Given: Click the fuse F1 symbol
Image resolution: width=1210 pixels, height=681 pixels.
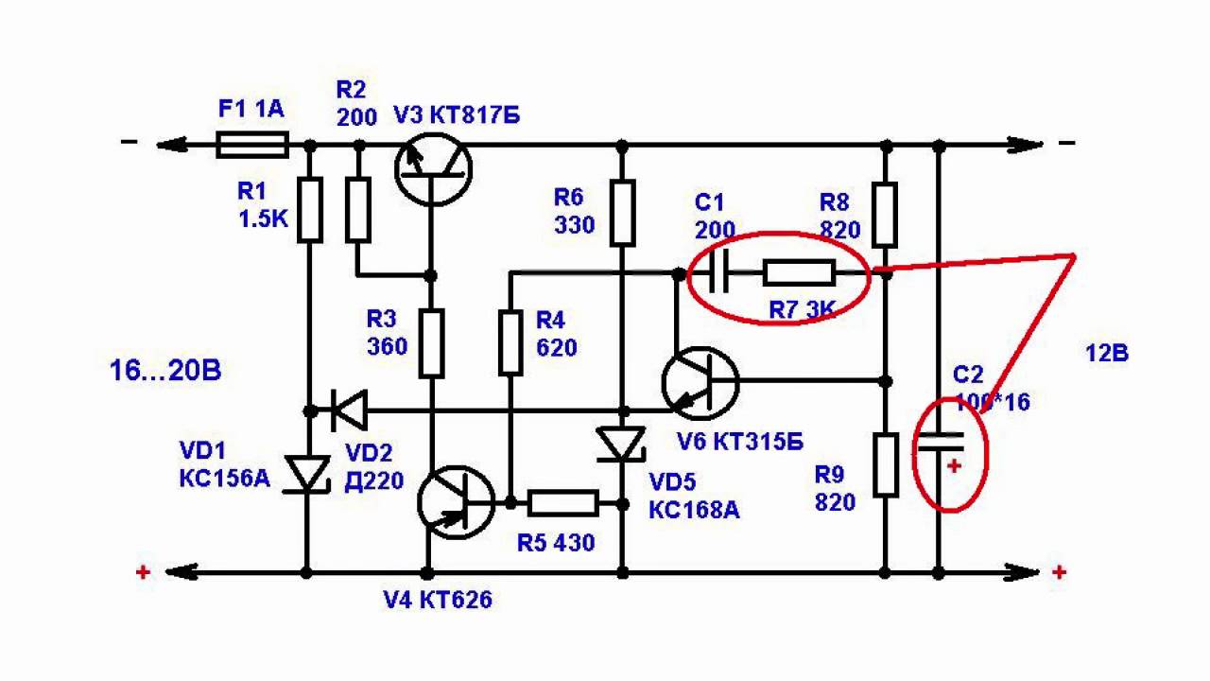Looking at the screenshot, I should pyautogui.click(x=252, y=145).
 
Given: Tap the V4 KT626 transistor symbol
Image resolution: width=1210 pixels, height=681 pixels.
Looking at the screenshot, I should pyautogui.click(x=456, y=504).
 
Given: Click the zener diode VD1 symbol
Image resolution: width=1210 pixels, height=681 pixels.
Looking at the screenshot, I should pyautogui.click(x=308, y=473).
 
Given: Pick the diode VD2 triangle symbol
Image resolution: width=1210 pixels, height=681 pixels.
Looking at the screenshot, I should pyautogui.click(x=350, y=410).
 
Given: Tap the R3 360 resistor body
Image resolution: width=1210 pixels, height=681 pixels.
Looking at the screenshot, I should pyautogui.click(x=432, y=342).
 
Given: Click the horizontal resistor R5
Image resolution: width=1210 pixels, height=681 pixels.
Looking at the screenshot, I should pyautogui.click(x=563, y=503).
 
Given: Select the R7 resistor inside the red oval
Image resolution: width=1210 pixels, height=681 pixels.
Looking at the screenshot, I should pyautogui.click(x=799, y=274).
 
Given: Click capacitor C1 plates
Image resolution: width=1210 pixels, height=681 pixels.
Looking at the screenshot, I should pyautogui.click(x=720, y=274).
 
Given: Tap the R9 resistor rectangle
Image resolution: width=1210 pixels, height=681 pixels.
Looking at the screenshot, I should pyautogui.click(x=885, y=464).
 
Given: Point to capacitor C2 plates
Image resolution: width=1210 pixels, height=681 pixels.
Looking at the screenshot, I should pyautogui.click(x=939, y=441).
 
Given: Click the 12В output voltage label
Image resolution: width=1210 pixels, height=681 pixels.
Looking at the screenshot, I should pyautogui.click(x=1106, y=354).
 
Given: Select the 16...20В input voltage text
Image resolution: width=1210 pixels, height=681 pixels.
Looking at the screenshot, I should pyautogui.click(x=165, y=370).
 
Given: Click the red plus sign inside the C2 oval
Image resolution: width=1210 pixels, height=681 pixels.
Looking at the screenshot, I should pyautogui.click(x=953, y=466).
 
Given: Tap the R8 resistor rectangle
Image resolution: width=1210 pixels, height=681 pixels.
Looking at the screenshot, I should pyautogui.click(x=885, y=214).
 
